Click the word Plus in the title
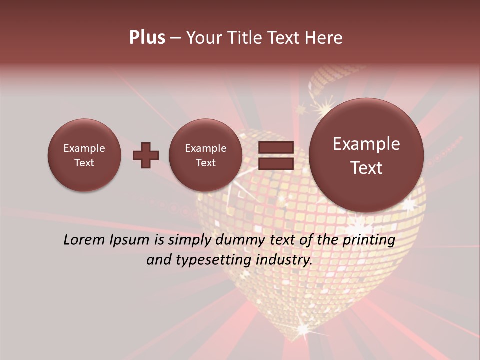[147, 38]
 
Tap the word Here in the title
[324, 38]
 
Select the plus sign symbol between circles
[145, 155]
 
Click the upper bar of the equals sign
[275, 147]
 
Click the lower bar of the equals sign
[275, 163]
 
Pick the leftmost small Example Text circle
[84, 155]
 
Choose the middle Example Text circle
[205, 155]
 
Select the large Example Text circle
[366, 155]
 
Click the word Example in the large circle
[366, 144]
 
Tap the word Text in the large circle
[366, 168]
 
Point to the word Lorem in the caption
[84, 240]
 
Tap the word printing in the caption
[368, 240]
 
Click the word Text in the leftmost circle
[84, 163]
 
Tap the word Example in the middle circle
[205, 148]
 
